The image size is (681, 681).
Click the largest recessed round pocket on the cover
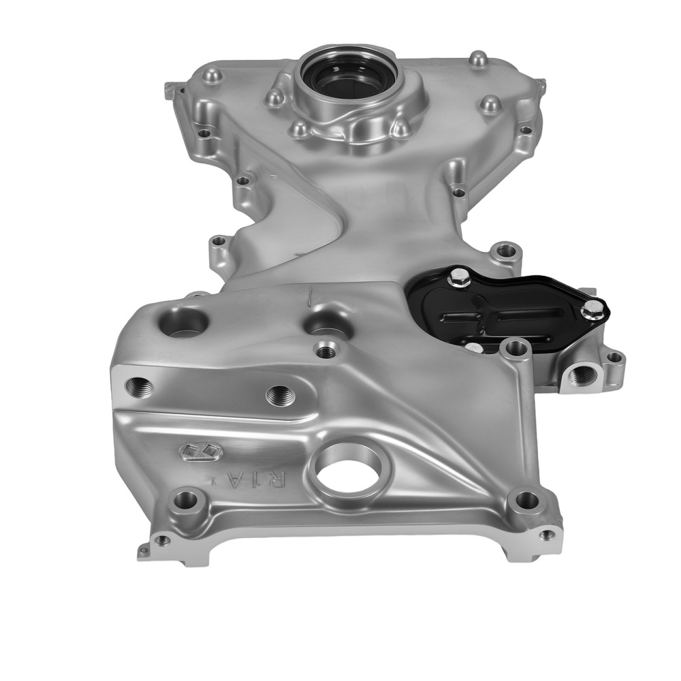[x=184, y=322]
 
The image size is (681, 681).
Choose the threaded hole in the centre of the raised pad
[x=280, y=395]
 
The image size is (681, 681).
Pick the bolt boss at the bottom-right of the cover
[x=524, y=500]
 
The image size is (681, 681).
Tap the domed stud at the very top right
[x=480, y=60]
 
